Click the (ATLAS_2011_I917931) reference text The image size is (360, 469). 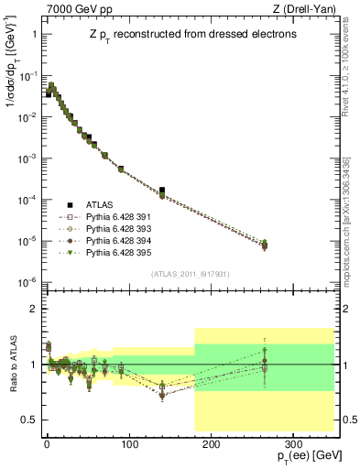191,272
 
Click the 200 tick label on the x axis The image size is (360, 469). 210,443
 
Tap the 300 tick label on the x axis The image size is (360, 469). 291,443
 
